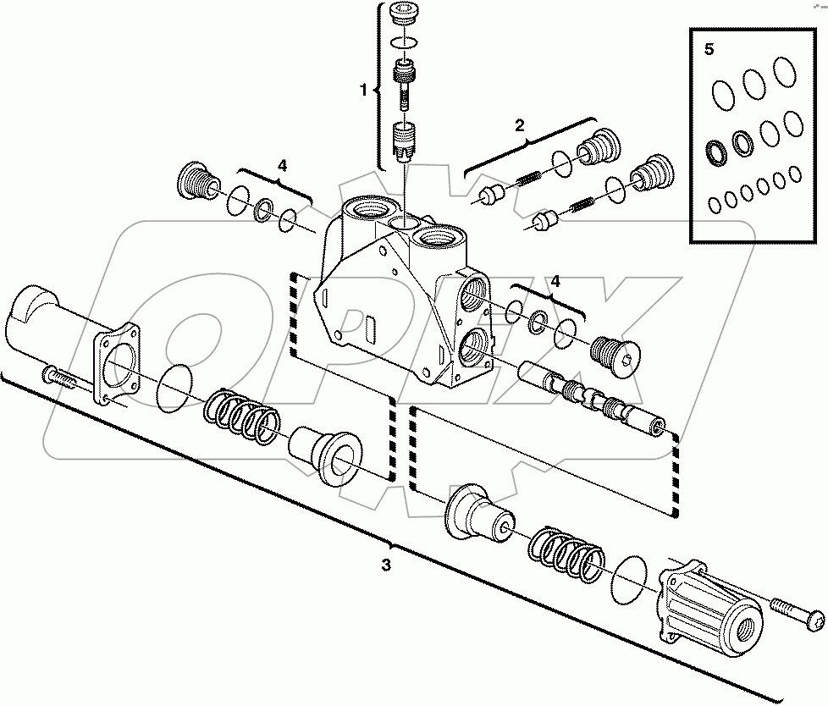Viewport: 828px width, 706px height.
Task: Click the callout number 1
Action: pos(364,89)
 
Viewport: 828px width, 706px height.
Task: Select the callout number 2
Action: pos(519,124)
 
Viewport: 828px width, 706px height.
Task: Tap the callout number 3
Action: pos(385,565)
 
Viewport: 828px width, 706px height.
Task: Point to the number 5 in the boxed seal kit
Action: pos(709,49)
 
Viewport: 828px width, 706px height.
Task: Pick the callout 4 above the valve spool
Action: pos(555,279)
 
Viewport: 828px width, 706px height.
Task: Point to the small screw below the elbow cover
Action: pos(62,378)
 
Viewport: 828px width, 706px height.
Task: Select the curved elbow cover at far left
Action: pos(42,317)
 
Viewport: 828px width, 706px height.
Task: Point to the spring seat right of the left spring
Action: pos(325,448)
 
